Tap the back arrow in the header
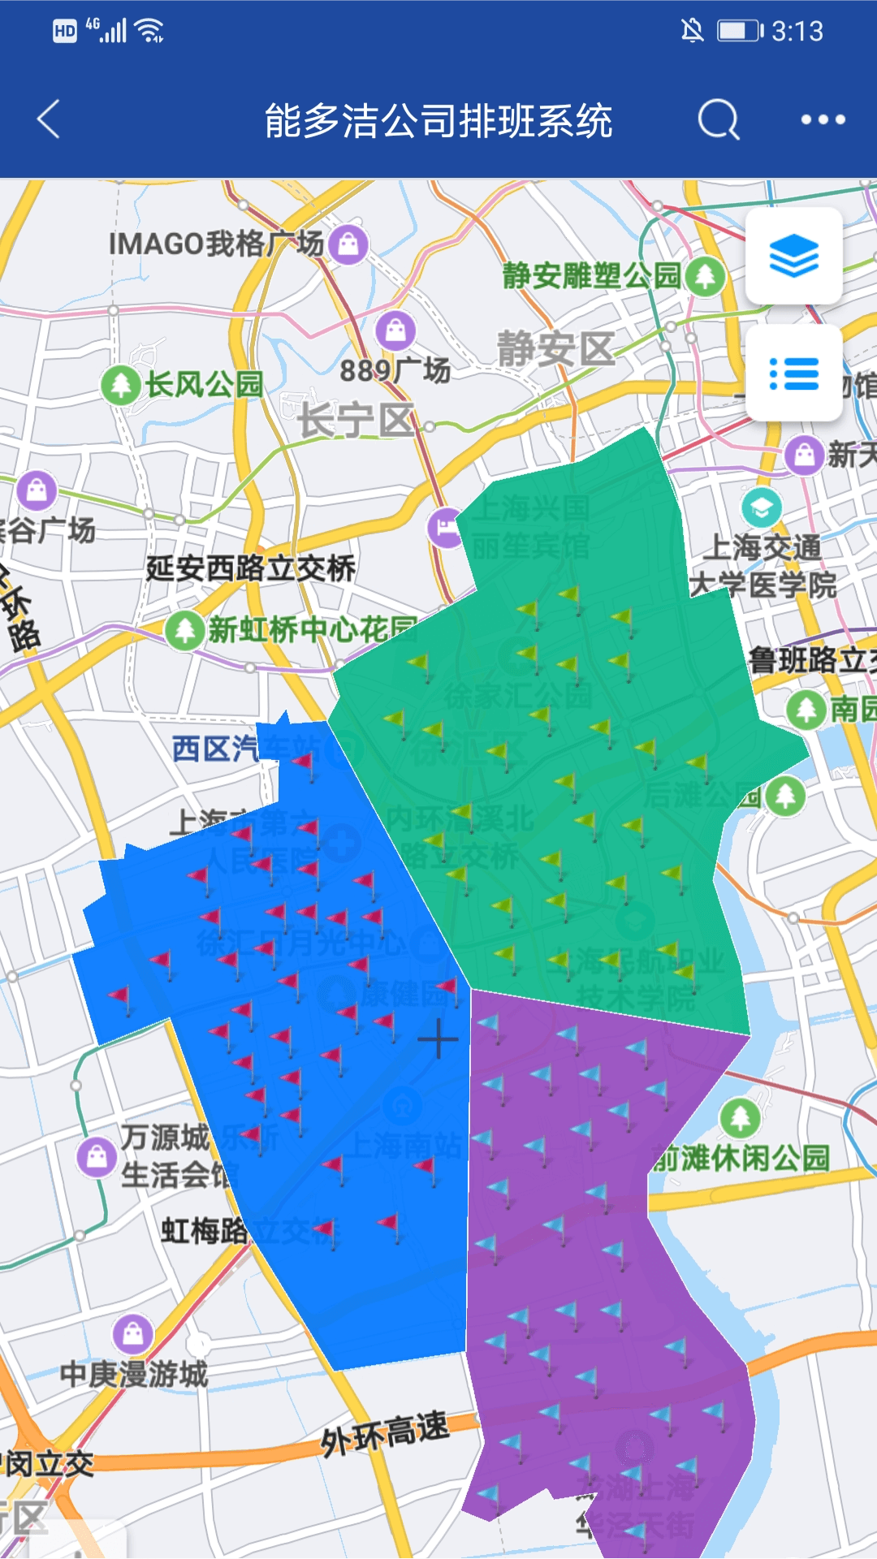click(49, 120)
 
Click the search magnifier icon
click(719, 120)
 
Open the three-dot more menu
click(823, 120)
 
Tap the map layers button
click(793, 256)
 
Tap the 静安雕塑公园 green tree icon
click(705, 276)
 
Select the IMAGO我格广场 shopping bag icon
click(349, 243)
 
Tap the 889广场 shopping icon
click(395, 330)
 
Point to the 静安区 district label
click(556, 349)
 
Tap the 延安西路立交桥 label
click(250, 568)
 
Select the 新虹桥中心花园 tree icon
click(185, 629)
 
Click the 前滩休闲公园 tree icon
click(740, 1119)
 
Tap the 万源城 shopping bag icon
click(97, 1156)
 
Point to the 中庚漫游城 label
click(134, 1374)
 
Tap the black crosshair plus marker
click(438, 1039)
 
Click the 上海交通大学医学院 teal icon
click(761, 508)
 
